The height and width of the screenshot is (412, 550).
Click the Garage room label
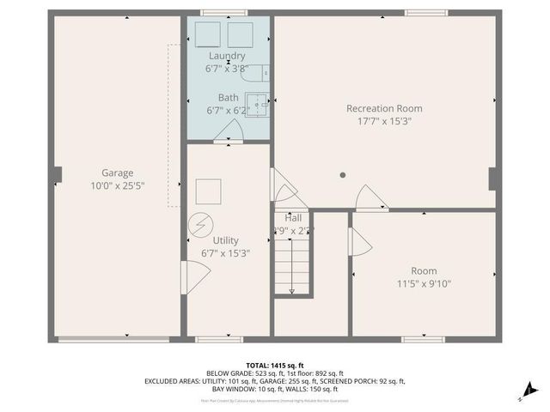[117, 173]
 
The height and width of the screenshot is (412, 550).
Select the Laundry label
[226, 56]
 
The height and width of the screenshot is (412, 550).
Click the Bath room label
[228, 98]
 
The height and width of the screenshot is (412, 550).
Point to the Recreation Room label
[384, 108]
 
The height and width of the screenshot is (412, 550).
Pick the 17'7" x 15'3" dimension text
[384, 121]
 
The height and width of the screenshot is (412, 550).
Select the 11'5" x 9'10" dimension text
[423, 284]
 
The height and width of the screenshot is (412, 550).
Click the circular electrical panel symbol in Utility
[199, 224]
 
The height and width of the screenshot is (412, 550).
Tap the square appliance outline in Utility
[208, 191]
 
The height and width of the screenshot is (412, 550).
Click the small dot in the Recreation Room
[342, 175]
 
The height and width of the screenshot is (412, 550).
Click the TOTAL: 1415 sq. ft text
[274, 365]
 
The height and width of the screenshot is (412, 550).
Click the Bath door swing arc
[229, 131]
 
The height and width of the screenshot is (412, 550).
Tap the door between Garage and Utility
[194, 277]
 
